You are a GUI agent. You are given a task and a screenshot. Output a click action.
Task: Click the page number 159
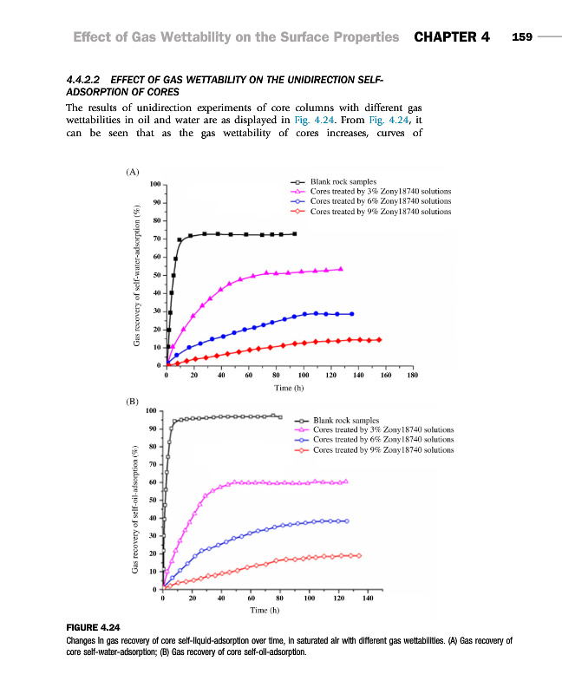(x=521, y=37)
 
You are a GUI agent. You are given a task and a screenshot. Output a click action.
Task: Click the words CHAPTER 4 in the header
(x=452, y=37)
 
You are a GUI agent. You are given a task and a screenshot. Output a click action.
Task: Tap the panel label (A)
(x=132, y=173)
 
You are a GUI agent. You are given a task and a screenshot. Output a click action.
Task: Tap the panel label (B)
(x=132, y=402)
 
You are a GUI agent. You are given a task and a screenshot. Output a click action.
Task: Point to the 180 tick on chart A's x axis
(x=412, y=376)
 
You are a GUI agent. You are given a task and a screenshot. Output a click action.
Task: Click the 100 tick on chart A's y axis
(x=154, y=184)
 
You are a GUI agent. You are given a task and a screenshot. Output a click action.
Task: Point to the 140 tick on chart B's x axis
(x=368, y=599)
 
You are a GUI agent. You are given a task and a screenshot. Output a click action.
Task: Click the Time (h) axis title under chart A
(x=288, y=388)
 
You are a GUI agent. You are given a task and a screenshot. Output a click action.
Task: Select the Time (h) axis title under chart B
(x=265, y=611)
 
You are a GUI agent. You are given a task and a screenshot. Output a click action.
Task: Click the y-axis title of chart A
(x=137, y=275)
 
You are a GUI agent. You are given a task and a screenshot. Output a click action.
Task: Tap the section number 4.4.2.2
(x=86, y=81)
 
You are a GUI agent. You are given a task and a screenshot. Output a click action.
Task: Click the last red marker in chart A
(x=378, y=339)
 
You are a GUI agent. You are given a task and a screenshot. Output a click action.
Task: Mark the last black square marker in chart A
(x=295, y=233)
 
